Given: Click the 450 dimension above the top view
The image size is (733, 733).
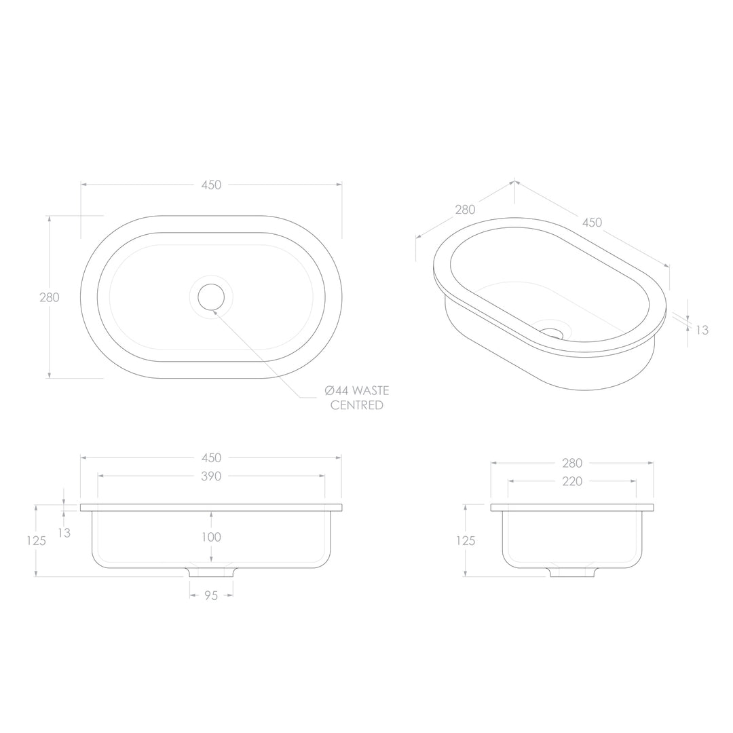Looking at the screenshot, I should (x=211, y=185).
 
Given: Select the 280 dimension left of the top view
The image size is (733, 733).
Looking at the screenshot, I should (x=49, y=297).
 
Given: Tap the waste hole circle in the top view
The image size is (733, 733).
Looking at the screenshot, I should (x=211, y=297).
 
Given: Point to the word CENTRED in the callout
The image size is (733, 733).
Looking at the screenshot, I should (x=356, y=406).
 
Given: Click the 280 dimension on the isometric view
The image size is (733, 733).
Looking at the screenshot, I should (x=465, y=210).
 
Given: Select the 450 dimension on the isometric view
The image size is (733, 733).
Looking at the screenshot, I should (x=592, y=223).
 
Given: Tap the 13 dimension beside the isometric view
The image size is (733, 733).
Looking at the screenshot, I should (x=702, y=331).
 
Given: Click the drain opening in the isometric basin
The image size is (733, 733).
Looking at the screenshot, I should (x=553, y=333).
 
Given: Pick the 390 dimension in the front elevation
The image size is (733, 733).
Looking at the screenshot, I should (x=211, y=476).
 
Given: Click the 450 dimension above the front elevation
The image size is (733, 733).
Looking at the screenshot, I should (x=211, y=458).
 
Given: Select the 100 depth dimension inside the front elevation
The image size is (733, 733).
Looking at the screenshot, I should (x=211, y=538).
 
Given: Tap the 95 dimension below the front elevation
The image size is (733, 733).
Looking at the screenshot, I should (x=211, y=596).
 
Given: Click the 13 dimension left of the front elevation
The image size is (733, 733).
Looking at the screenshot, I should (x=64, y=533).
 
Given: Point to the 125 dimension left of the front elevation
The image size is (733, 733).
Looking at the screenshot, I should (x=36, y=541).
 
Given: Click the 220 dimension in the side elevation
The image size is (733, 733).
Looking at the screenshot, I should (x=572, y=481).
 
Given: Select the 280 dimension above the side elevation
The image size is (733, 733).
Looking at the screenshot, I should (x=572, y=464).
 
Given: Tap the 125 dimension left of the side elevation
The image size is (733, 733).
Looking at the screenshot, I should (x=465, y=541).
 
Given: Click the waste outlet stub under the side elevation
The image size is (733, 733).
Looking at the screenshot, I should (x=571, y=571).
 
